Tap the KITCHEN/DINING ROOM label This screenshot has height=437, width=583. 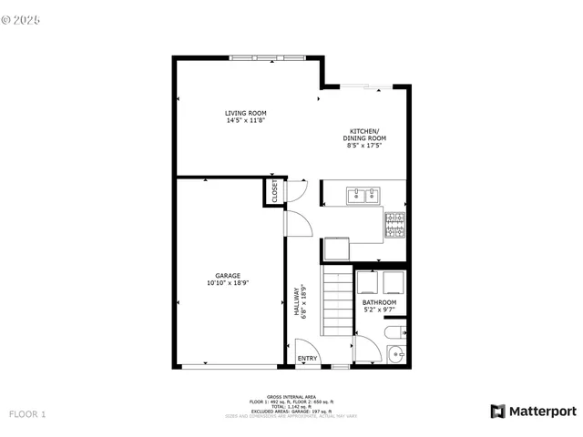pos(364,137)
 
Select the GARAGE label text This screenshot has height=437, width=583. pos(228,279)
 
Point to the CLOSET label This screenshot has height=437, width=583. pos(273,192)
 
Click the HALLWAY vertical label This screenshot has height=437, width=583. pos(297,303)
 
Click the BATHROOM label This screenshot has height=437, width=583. pos(379,305)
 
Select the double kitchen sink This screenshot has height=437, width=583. pos(363,194)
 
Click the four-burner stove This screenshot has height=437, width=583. pos(394,225)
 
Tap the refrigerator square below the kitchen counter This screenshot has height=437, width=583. pos(336,249)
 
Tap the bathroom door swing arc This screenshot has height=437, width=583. pos(367,346)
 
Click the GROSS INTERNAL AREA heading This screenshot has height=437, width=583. pos(291,397)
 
